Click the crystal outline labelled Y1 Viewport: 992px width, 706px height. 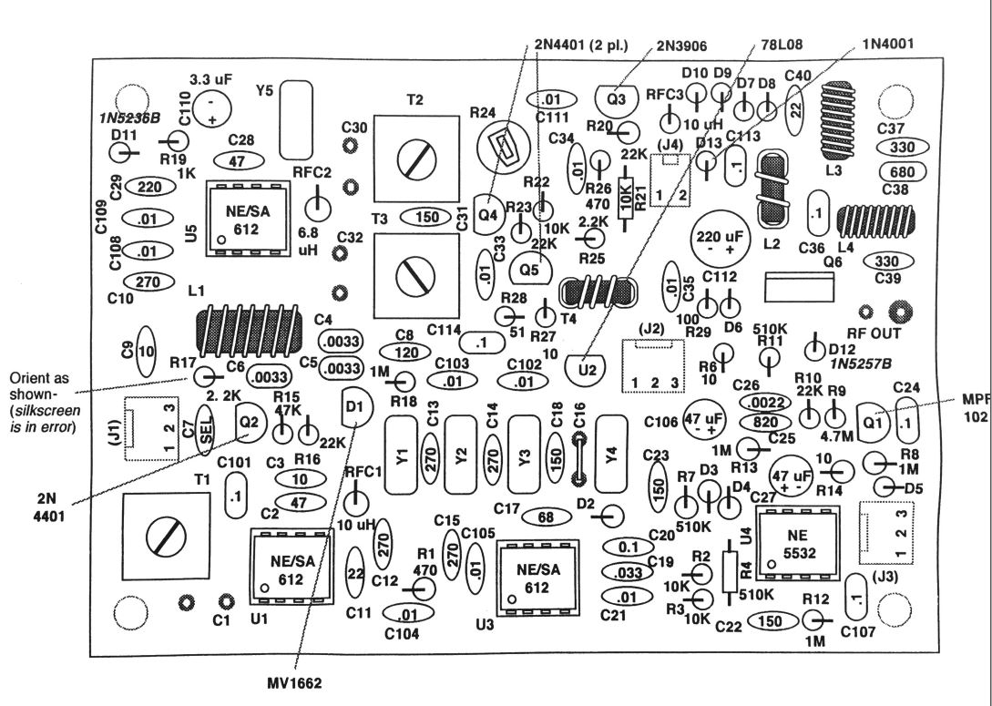[402, 453]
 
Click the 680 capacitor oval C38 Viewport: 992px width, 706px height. [901, 171]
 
